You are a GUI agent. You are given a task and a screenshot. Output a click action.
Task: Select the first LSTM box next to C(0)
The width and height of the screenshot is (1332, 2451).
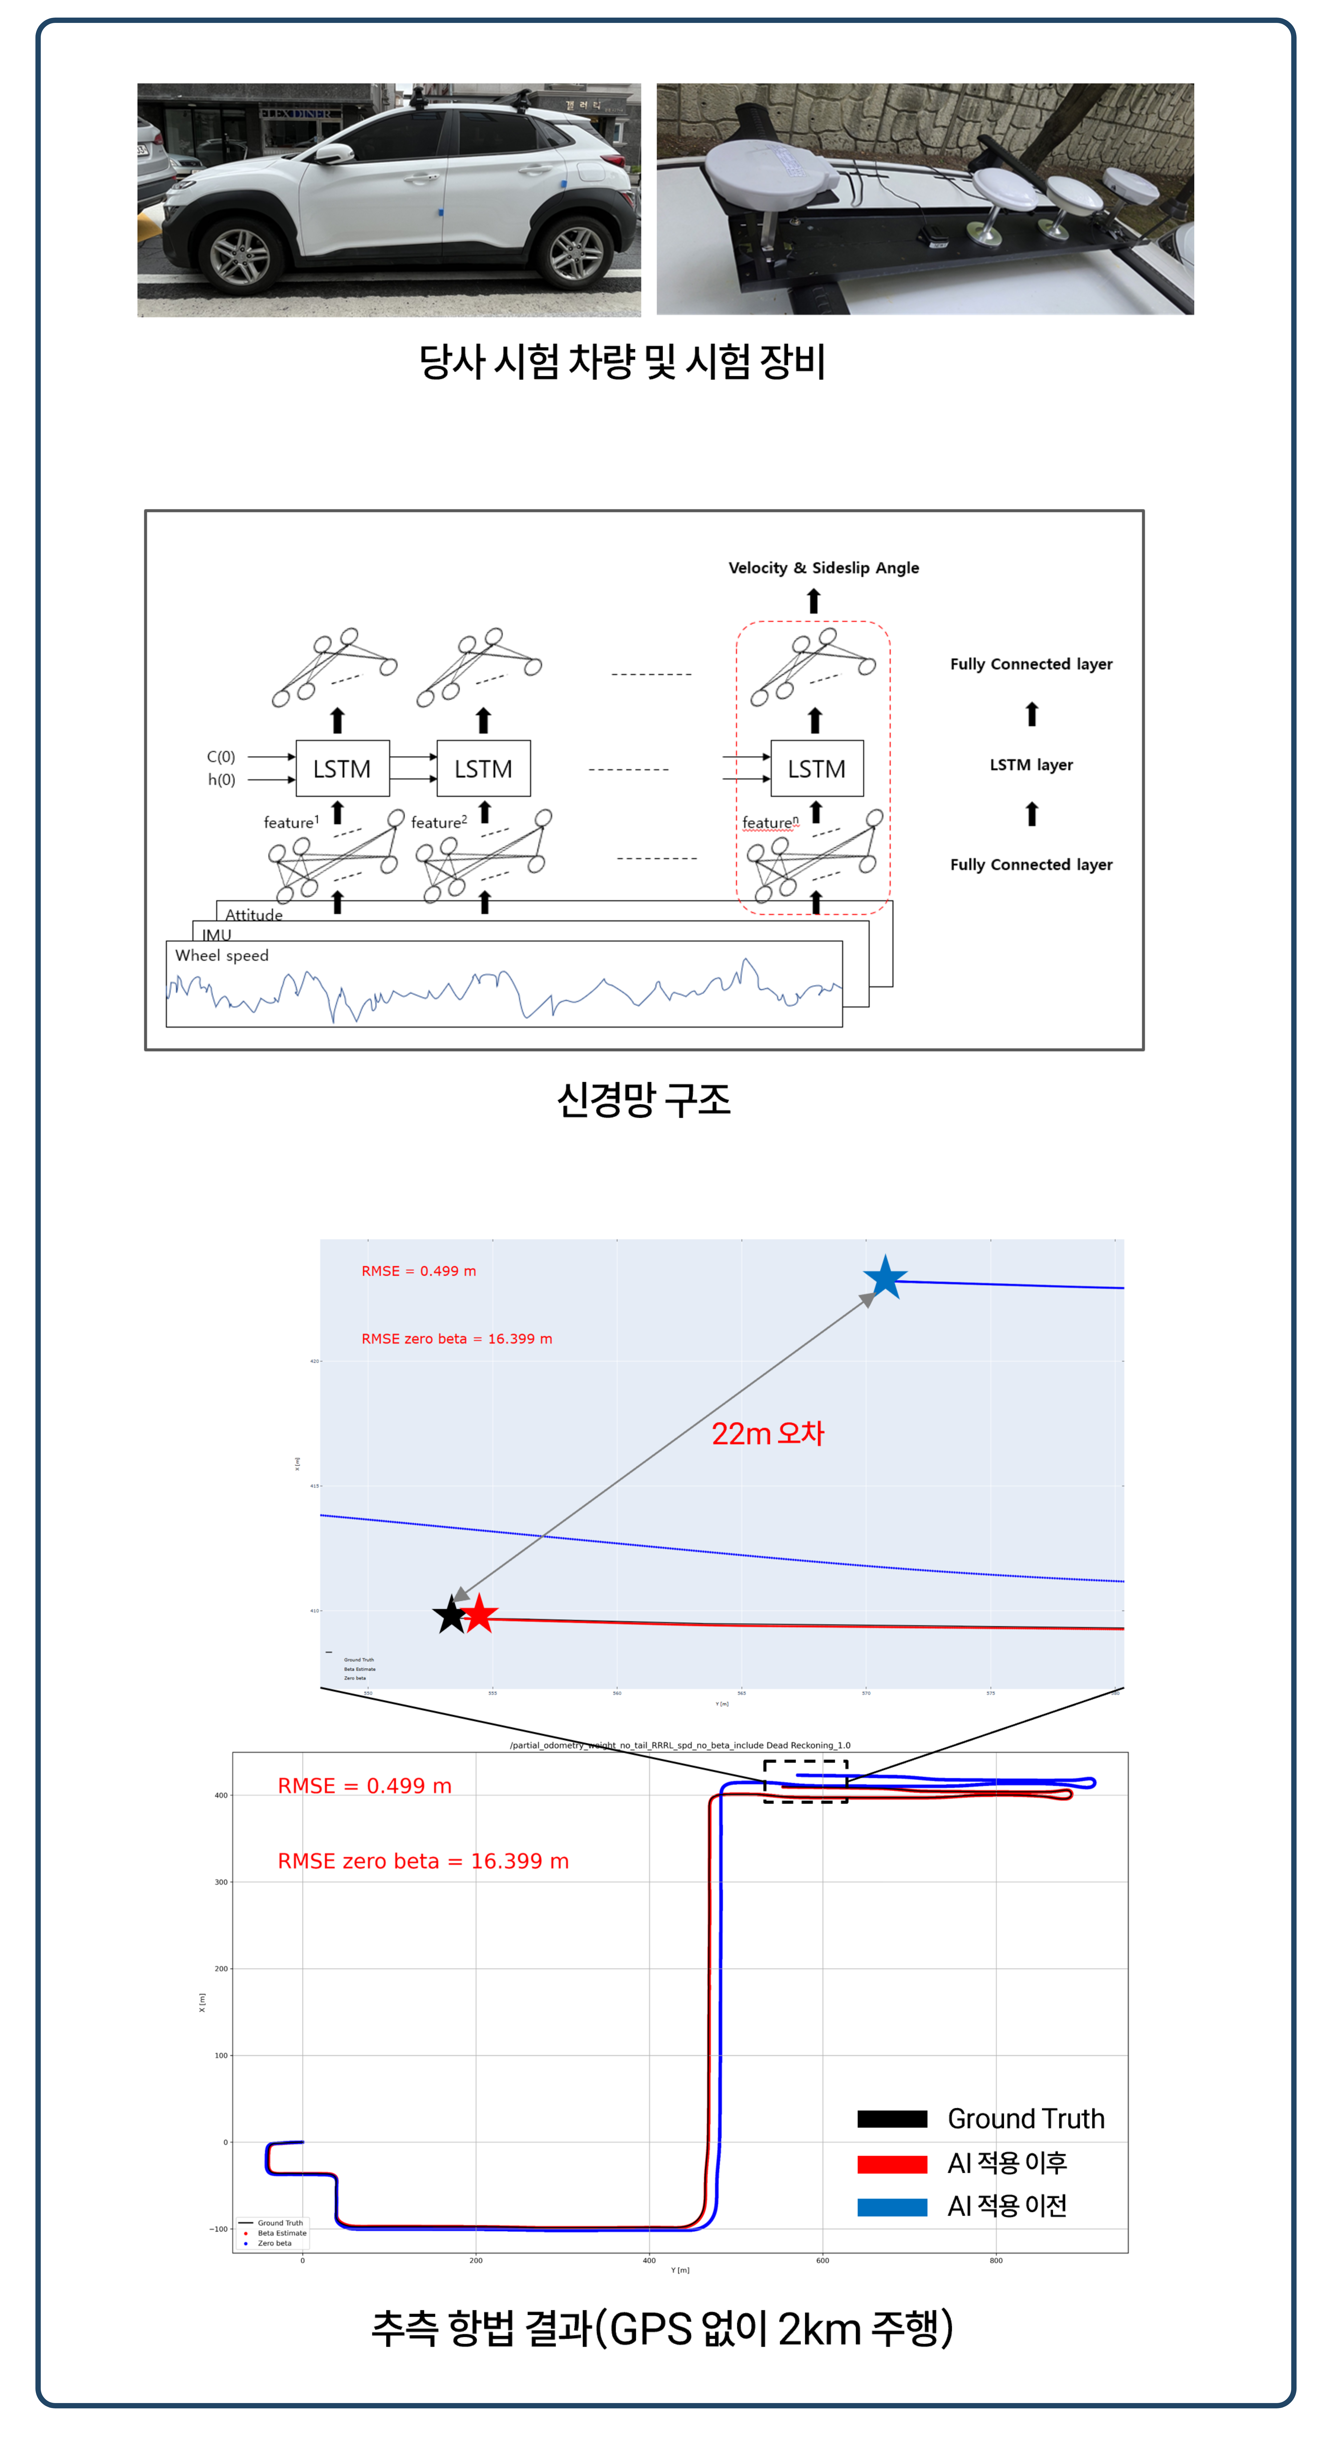pos(343,769)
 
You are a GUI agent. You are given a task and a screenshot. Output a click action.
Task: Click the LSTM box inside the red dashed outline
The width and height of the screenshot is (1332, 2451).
pos(816,769)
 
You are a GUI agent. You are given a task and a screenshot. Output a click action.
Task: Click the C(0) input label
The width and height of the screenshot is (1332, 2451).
pos(221,756)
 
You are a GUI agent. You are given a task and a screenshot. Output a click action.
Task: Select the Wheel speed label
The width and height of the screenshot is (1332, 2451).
pos(222,955)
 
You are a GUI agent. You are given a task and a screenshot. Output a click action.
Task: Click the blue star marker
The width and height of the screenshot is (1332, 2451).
pos(885,1278)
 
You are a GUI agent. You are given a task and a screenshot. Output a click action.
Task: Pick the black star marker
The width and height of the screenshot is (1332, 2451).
pos(450,1615)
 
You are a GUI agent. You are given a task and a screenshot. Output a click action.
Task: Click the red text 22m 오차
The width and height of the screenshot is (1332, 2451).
pos(768,1434)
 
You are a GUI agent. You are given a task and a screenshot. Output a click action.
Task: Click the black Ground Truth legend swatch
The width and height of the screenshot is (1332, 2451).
pos(891,2119)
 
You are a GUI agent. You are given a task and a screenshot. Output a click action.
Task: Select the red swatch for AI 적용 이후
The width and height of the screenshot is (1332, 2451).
pos(891,2165)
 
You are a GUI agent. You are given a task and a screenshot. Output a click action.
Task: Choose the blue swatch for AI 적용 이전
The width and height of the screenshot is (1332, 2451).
pos(891,2207)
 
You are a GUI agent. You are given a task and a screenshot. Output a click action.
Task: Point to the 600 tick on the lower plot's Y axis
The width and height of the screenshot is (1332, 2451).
pos(822,2261)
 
